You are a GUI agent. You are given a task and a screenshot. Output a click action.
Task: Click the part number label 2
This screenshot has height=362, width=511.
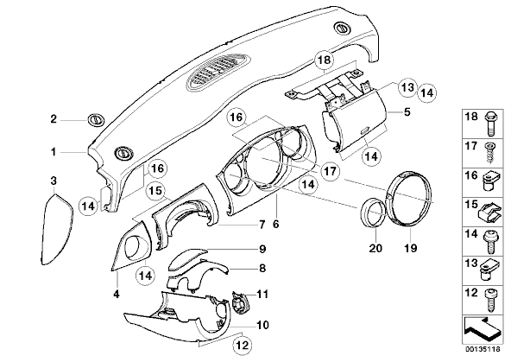click(x=54, y=119)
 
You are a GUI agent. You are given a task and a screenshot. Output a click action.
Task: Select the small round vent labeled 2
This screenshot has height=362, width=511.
click(x=97, y=120)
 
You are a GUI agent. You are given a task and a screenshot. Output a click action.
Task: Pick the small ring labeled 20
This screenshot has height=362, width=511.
click(x=374, y=212)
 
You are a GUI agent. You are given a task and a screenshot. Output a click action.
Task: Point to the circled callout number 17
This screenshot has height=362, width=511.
click(x=330, y=170)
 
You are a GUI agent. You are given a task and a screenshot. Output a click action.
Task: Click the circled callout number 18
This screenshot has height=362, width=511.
click(x=325, y=60)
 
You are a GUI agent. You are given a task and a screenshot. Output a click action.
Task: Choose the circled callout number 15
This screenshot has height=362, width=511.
click(x=156, y=191)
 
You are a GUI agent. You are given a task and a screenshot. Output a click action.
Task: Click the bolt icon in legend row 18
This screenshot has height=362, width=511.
click(x=489, y=124)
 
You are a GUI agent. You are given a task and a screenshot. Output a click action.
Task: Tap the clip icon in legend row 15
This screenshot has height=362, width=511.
click(x=489, y=213)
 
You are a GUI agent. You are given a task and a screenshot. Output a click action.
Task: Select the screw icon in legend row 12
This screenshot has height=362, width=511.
click(x=489, y=301)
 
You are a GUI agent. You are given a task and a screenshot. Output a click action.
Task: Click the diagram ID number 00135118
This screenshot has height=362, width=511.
click(x=483, y=349)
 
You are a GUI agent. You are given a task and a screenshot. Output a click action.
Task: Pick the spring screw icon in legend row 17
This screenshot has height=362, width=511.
click(x=489, y=153)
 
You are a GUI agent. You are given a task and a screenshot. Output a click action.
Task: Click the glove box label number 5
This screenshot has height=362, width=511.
click(x=407, y=112)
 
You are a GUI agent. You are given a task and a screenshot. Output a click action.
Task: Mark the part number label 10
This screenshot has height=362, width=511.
click(x=262, y=325)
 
